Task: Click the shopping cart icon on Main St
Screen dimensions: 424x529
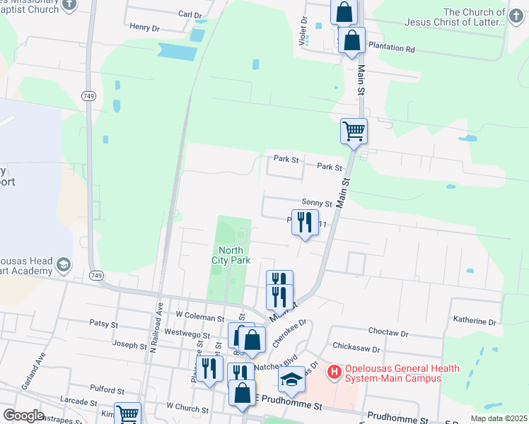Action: click(x=354, y=131)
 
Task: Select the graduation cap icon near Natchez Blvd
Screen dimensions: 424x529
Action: click(x=291, y=379)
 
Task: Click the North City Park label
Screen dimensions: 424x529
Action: click(x=231, y=255)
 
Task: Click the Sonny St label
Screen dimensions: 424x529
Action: click(x=317, y=201)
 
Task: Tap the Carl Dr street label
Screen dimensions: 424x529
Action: click(x=190, y=14)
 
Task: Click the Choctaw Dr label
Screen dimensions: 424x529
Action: click(x=390, y=332)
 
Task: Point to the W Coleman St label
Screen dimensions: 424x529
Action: click(x=199, y=314)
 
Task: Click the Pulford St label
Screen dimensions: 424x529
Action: click(x=107, y=389)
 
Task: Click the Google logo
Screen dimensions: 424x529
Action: click(x=23, y=416)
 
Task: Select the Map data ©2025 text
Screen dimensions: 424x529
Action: click(x=498, y=418)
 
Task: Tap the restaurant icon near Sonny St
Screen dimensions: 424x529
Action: click(x=305, y=223)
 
